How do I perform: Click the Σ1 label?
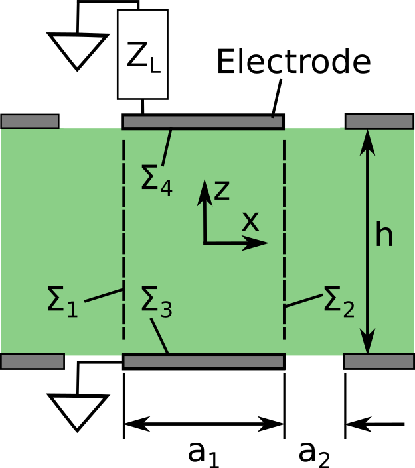pos(62,301)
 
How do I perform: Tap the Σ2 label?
pos(339,301)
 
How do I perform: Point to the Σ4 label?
pos(156,180)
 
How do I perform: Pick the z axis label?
pos(222,190)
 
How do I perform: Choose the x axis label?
pos(250,221)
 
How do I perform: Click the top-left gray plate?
pos(30,121)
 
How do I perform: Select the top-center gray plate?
pos(203,122)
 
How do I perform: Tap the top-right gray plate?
pos(379,121)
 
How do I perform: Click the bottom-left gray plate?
pos(32,361)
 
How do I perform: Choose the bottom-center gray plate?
pos(203,361)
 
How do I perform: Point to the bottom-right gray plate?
pos(378,361)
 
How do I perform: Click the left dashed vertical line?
pos(124,239)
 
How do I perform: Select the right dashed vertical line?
pos(284,239)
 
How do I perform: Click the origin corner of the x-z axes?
pos(205,243)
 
